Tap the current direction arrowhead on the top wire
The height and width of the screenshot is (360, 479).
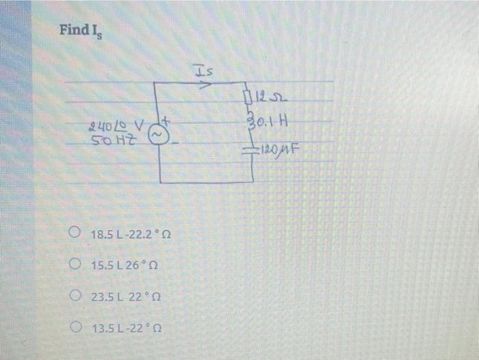tap(205, 86)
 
